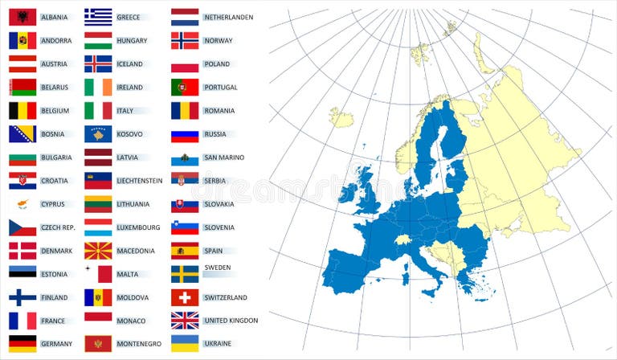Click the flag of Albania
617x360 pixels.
[22, 17]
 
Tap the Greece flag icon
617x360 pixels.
[98, 17]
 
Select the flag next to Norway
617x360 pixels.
[185, 40]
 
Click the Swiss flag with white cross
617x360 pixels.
[185, 297]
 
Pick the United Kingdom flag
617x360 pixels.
[185, 321]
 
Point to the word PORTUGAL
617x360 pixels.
[220, 88]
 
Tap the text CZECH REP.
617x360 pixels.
[58, 227]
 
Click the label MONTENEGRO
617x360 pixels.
[138, 344]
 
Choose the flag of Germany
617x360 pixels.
[22, 344]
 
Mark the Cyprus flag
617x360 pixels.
[22, 204]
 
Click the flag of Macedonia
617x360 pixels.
[98, 251]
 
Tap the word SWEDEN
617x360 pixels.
[217, 267]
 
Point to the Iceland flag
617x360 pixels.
[98, 63]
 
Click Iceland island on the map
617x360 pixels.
[341, 118]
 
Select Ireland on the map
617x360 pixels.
[348, 194]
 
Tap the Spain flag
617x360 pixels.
[185, 251]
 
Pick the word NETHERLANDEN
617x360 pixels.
[228, 17]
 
